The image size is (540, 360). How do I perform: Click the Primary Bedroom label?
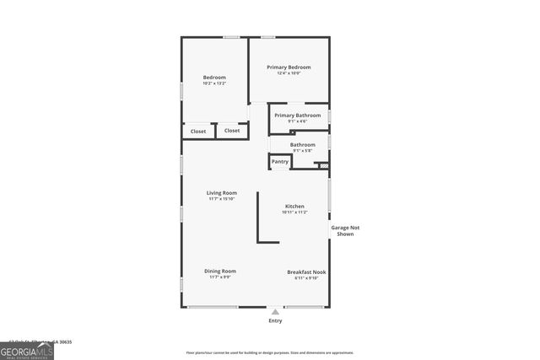click(x=289, y=67)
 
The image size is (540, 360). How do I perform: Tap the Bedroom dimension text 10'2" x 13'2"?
click(x=214, y=83)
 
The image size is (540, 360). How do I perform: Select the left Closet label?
click(x=198, y=132)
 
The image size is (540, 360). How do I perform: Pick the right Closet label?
click(x=232, y=131)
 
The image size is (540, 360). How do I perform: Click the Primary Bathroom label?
click(x=297, y=115)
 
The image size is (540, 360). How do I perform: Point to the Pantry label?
click(x=279, y=161)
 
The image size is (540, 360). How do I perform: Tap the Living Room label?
click(x=222, y=193)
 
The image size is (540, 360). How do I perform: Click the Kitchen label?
click(x=294, y=207)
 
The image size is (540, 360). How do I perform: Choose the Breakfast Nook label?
click(x=306, y=272)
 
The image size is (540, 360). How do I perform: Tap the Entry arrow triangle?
click(x=274, y=312)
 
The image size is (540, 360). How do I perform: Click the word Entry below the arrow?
click(x=275, y=321)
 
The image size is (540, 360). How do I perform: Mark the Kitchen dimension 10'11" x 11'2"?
click(x=294, y=212)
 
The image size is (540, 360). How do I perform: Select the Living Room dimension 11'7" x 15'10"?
click(x=222, y=199)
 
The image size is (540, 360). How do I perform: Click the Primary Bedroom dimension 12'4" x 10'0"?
click(x=289, y=73)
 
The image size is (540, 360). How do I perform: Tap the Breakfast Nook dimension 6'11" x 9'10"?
click(x=306, y=278)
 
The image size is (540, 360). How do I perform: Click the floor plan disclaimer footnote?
click(x=270, y=352)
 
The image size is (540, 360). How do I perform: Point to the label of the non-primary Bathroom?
click(x=303, y=145)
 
